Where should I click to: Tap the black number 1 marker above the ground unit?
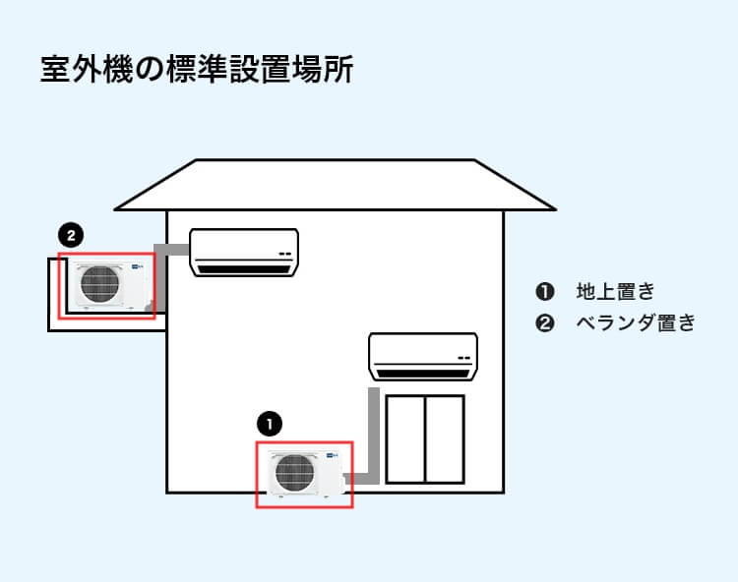point(269,424)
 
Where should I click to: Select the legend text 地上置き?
point(615,292)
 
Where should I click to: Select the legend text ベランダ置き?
point(635,322)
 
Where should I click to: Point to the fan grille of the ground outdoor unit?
point(294,473)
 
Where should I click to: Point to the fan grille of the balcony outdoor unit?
point(98,283)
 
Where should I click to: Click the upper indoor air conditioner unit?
point(243,252)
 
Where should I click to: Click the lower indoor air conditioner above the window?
point(422,356)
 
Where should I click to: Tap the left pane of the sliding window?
point(404,439)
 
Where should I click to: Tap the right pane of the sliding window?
point(444,439)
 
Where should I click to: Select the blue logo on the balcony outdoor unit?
point(135,265)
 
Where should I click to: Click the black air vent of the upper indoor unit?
point(242,266)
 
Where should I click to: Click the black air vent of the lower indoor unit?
point(422,372)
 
